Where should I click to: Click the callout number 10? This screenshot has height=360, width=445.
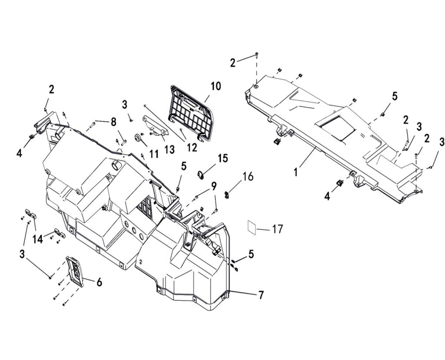coord(216,86)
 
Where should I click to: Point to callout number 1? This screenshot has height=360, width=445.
coord(296,172)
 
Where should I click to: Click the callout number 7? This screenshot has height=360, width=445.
coord(261,295)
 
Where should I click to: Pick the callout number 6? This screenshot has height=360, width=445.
coord(100,282)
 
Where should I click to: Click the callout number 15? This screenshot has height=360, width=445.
coord(223,159)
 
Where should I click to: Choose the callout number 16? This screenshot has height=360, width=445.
coord(248,176)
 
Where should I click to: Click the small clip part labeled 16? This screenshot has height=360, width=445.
coord(227,194)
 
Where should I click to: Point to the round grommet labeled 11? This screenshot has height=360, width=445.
coord(138,138)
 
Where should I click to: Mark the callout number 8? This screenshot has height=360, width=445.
coord(113,122)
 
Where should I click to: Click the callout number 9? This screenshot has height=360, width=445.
coord(213,187)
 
